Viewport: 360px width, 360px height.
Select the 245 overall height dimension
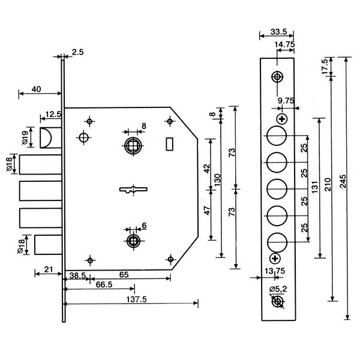coord(342,185)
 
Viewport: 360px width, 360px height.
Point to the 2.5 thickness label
coord(77,52)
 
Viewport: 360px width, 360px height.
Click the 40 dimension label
coord(35,89)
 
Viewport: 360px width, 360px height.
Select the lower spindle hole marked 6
coord(133,241)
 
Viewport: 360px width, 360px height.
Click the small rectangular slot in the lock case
coord(169,145)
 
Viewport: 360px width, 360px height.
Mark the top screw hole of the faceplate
coord(277,77)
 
